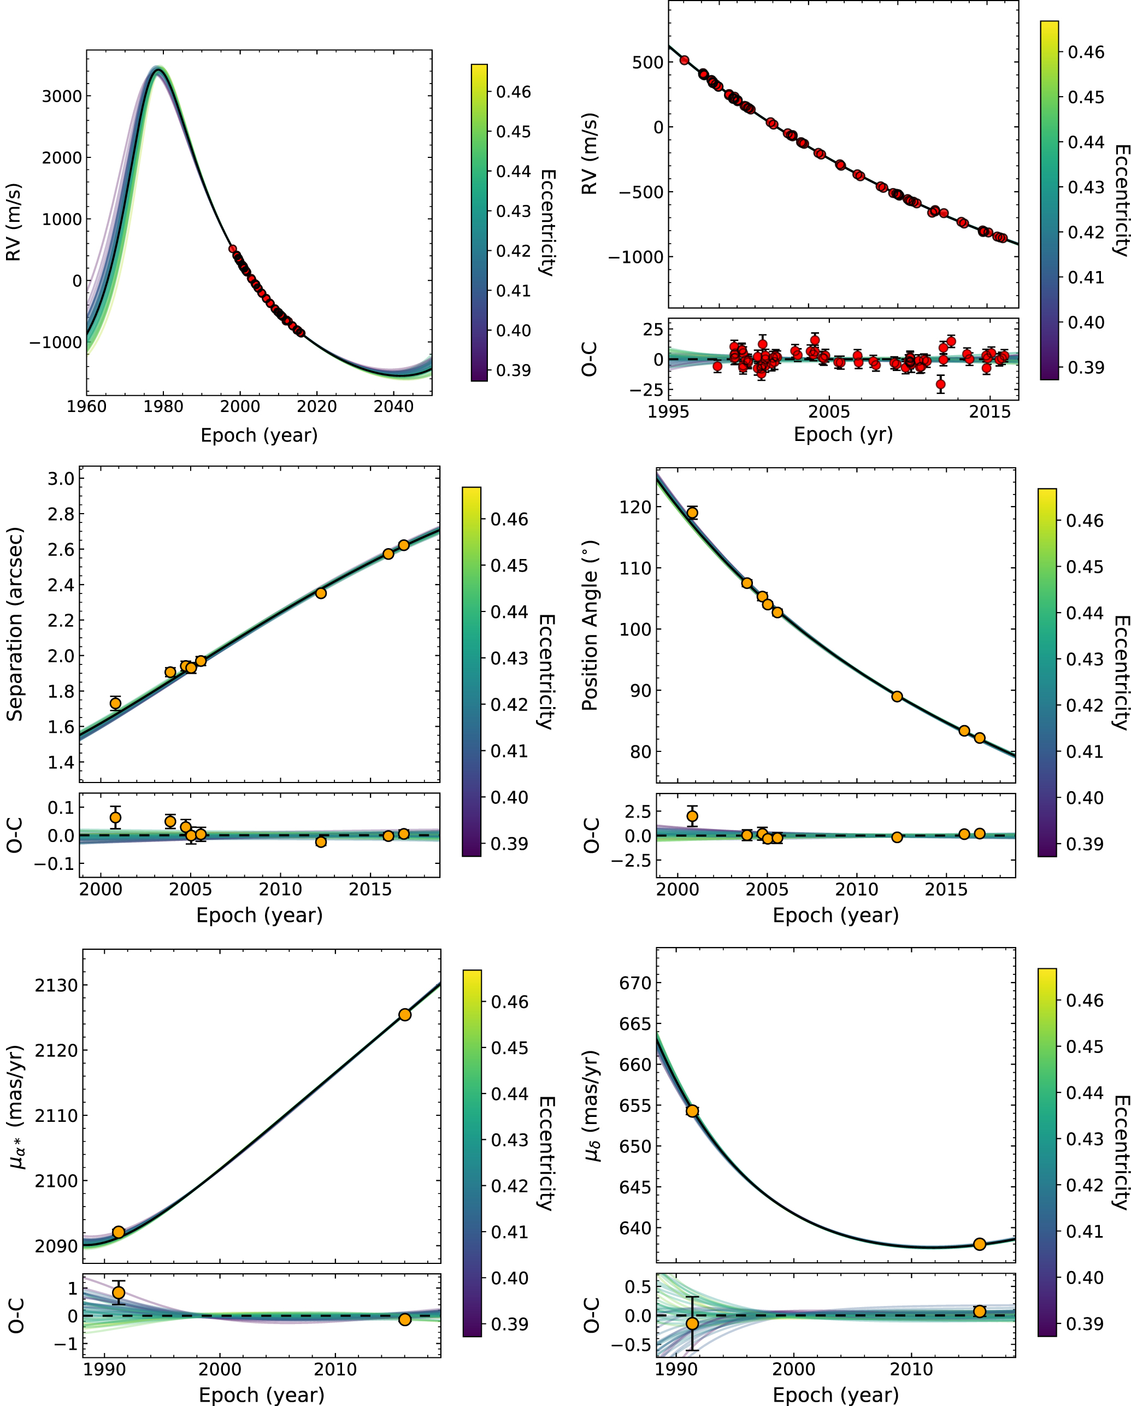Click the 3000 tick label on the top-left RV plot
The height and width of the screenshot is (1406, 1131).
(62, 97)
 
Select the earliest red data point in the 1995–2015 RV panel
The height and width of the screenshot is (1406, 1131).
(685, 61)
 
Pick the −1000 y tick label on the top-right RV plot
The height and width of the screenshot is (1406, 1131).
(635, 257)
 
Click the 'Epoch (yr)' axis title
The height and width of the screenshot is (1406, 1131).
(843, 434)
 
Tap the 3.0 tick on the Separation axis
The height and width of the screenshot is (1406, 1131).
(61, 479)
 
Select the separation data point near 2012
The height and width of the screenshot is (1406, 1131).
(321, 593)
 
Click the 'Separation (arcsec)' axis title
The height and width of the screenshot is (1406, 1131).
(14, 624)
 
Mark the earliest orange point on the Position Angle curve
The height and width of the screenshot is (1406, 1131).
(692, 513)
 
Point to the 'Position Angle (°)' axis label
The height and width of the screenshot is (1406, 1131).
(590, 625)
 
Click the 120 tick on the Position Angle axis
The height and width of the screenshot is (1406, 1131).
(635, 507)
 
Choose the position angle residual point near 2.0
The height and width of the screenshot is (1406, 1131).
(692, 816)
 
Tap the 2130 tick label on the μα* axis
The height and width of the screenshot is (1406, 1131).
(56, 985)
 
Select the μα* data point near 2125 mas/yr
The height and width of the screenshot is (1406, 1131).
(405, 1015)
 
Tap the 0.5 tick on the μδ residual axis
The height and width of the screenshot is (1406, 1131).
(638, 1287)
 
